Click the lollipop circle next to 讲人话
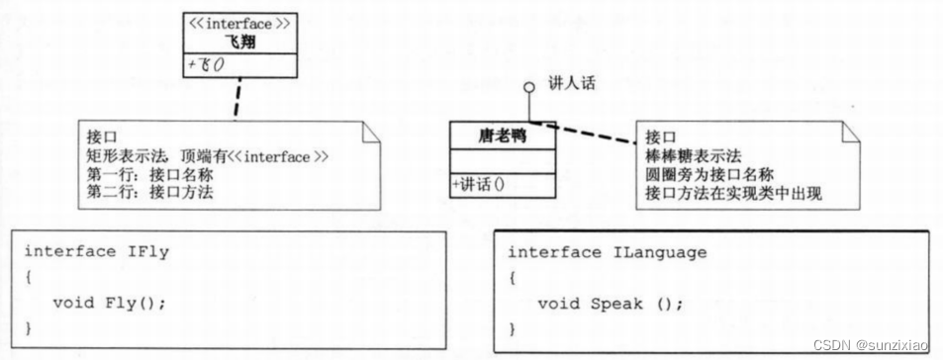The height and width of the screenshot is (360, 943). (529, 86)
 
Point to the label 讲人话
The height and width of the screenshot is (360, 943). (571, 84)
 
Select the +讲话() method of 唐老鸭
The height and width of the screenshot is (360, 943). (488, 184)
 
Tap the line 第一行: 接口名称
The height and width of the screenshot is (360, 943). (149, 174)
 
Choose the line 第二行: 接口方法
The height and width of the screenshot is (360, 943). (149, 192)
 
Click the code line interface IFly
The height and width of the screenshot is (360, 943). (97, 251)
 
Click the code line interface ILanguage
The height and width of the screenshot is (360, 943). (608, 252)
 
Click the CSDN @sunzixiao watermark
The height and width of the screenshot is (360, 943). (871, 343)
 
